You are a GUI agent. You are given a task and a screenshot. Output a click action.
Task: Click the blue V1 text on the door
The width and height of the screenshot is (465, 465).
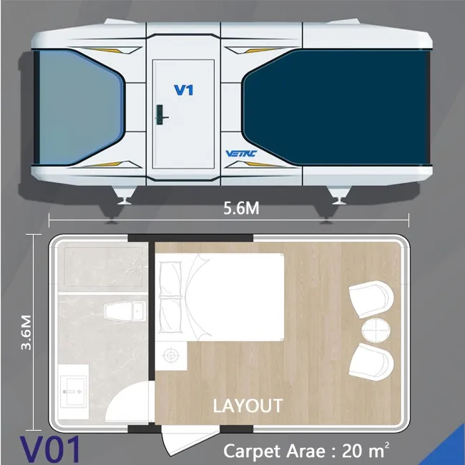click(185, 90)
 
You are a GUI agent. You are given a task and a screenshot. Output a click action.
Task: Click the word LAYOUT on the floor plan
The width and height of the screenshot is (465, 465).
click(248, 406)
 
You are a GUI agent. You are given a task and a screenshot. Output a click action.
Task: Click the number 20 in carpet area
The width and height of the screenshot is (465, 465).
click(354, 451)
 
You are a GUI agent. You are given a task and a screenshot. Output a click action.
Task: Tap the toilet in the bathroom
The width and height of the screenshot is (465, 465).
click(123, 311)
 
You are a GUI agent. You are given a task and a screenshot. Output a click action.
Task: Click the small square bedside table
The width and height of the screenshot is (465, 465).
click(172, 354)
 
